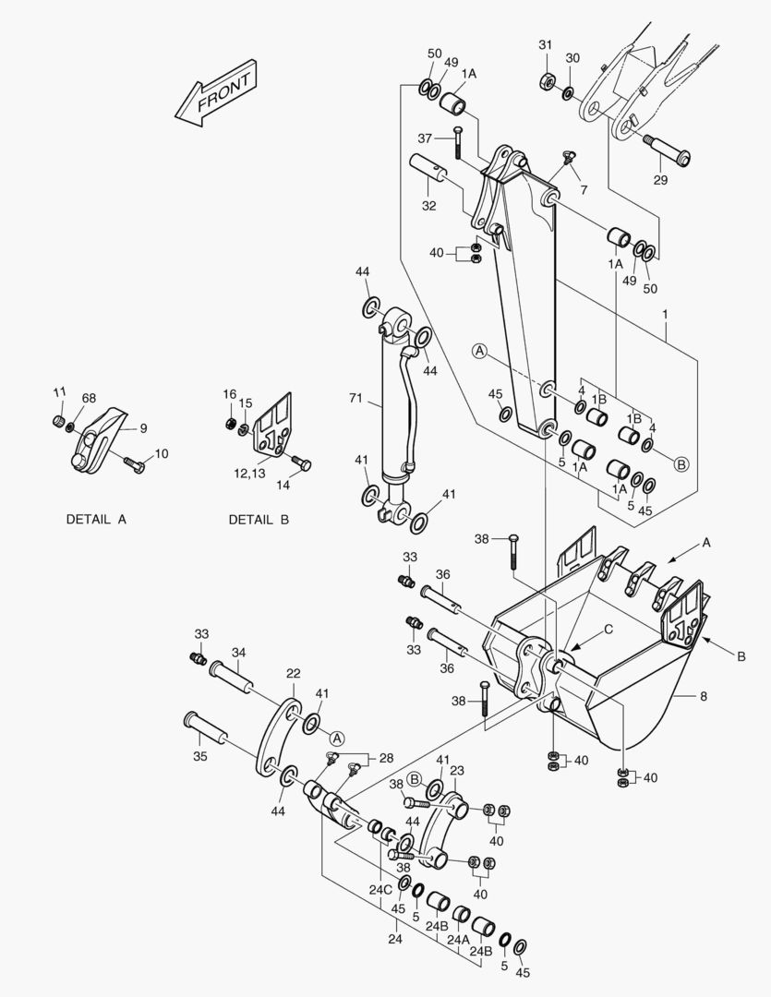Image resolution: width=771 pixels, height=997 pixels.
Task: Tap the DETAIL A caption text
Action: (96, 520)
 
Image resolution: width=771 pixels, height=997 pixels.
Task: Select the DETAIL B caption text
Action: (259, 520)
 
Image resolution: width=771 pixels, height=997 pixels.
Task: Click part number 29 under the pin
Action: (660, 180)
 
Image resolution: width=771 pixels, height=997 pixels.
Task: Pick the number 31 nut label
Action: (546, 45)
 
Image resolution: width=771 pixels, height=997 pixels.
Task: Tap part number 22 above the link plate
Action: (293, 673)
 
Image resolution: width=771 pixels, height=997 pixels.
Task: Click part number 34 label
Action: (238, 653)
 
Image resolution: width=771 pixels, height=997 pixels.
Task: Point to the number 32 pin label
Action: (429, 206)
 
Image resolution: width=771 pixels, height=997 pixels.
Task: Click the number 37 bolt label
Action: (425, 138)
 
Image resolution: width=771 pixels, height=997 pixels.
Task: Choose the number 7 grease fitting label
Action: (583, 189)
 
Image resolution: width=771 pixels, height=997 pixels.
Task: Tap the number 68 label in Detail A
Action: (89, 398)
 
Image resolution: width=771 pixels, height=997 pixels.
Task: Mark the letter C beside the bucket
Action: (608, 631)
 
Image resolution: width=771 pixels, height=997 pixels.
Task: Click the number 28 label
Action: (386, 758)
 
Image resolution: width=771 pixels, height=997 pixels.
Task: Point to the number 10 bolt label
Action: (162, 453)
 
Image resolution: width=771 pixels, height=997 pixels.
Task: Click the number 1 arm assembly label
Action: (665, 314)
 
